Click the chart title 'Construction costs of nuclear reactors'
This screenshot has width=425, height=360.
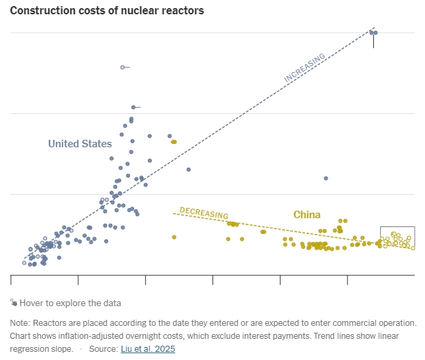tap(107, 11)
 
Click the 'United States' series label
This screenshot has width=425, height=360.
tap(80, 144)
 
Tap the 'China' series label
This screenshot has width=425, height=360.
tap(306, 215)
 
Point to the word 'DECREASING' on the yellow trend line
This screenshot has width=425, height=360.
tap(204, 213)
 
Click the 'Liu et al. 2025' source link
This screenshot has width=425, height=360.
tap(148, 349)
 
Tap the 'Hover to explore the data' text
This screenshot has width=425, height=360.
tap(69, 303)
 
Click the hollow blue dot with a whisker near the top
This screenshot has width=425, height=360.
tap(122, 67)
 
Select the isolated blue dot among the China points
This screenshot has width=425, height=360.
tap(326, 178)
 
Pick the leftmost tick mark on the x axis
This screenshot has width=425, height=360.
tap(11, 279)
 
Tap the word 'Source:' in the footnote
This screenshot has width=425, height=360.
tap(104, 349)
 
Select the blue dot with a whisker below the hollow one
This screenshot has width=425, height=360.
tap(133, 107)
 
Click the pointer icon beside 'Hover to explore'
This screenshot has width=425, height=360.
tap(14, 303)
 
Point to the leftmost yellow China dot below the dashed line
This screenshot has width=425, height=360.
tap(174, 237)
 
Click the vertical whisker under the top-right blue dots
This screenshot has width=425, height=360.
tap(374, 41)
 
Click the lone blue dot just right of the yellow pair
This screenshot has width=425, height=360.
tap(189, 169)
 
